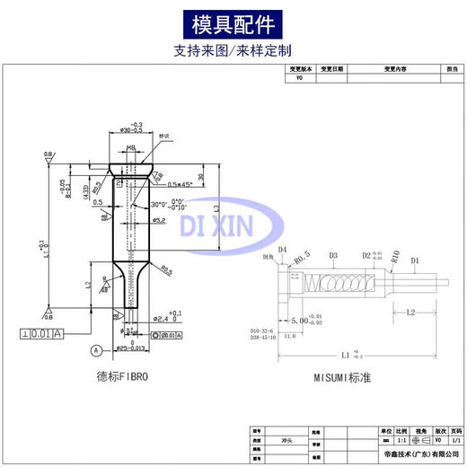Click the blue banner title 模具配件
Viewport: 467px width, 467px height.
click(233, 22)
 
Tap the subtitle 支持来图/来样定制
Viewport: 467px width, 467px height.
click(233, 51)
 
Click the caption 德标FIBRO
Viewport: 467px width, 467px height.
click(122, 378)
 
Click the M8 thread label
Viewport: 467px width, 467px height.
click(130, 147)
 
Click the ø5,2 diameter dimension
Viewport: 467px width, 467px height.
click(158, 219)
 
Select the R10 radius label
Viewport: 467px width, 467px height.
click(394, 255)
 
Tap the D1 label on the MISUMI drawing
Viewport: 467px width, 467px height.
click(415, 261)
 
